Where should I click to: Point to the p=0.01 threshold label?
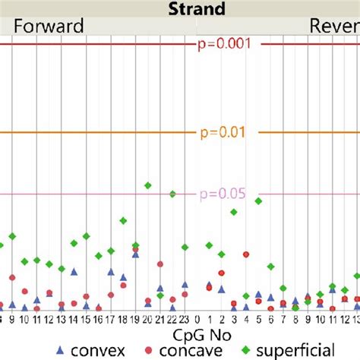coord(223,133)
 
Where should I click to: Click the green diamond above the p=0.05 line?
coord(147,185)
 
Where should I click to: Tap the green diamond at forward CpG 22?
coord(172,194)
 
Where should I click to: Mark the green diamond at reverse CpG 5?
coord(258,201)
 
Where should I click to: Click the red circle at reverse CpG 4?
coord(245,254)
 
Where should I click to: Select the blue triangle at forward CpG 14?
coord(74,271)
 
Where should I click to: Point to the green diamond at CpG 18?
coord(123,220)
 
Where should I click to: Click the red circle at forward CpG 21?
coord(159,264)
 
